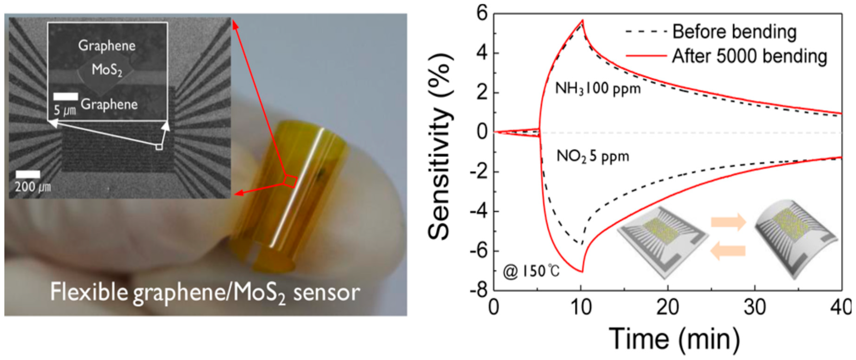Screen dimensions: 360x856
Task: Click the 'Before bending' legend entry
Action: tap(734, 32)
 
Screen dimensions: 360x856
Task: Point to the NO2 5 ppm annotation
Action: tap(593, 156)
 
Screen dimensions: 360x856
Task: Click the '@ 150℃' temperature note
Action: tap(531, 271)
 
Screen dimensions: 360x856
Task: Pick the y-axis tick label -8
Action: tap(479, 291)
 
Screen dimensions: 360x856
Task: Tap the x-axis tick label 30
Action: tap(755, 308)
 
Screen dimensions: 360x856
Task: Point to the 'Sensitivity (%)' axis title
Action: tap(440, 146)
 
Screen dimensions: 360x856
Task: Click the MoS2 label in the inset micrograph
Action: tap(107, 70)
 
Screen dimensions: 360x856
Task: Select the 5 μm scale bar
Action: tap(66, 97)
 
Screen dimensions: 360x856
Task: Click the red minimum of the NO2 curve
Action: tap(582, 272)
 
